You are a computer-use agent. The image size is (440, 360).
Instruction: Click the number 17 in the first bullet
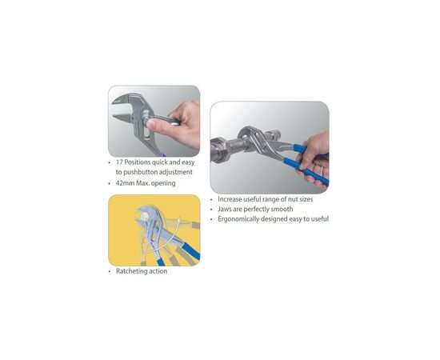(x=119, y=162)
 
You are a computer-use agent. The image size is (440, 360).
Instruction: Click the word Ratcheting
(x=129, y=271)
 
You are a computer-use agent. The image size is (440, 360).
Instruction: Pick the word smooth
(x=282, y=209)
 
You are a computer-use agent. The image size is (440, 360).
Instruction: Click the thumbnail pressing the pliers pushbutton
(x=154, y=121)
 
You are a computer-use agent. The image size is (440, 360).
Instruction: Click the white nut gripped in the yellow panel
(x=145, y=216)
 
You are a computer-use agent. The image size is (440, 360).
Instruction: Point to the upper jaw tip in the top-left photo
(x=114, y=102)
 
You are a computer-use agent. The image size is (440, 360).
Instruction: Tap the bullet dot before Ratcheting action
(x=110, y=272)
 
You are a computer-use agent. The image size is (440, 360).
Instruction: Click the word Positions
(x=138, y=162)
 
